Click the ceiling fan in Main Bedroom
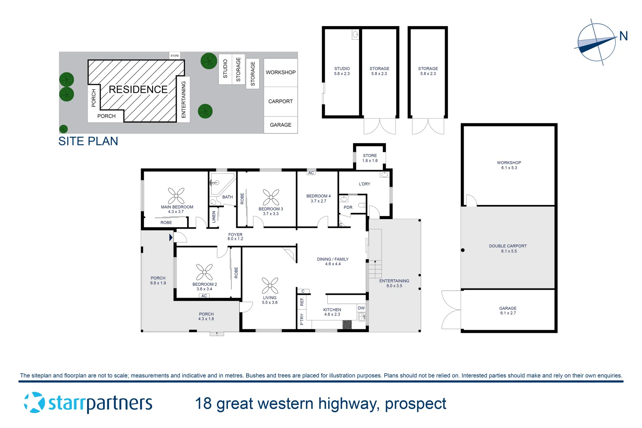[176, 196]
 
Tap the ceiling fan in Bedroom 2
[204, 272]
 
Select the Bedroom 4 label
[318, 198]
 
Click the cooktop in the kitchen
[347, 325]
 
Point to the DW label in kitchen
[361, 308]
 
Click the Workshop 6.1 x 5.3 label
[509, 165]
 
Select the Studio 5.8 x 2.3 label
[342, 71]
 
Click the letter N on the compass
[623, 36]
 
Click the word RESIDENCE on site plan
[138, 90]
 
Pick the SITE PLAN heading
[88, 141]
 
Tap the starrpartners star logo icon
[34, 403]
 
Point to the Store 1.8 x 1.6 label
[370, 158]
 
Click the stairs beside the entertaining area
[375, 269]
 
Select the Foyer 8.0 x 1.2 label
[235, 237]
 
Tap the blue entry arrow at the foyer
[171, 237]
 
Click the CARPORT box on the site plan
[280, 101]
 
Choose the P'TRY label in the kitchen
[302, 319]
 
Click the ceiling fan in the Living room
[270, 286]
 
